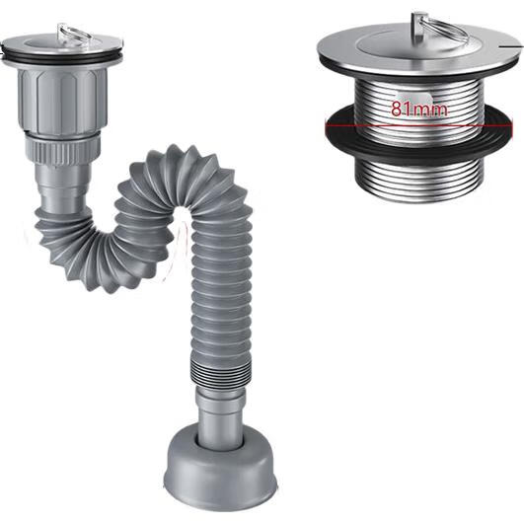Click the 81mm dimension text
point(419,110)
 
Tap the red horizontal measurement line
point(418,126)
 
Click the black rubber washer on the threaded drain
point(418,133)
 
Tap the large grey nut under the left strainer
point(62,101)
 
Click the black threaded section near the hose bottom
point(221,375)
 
